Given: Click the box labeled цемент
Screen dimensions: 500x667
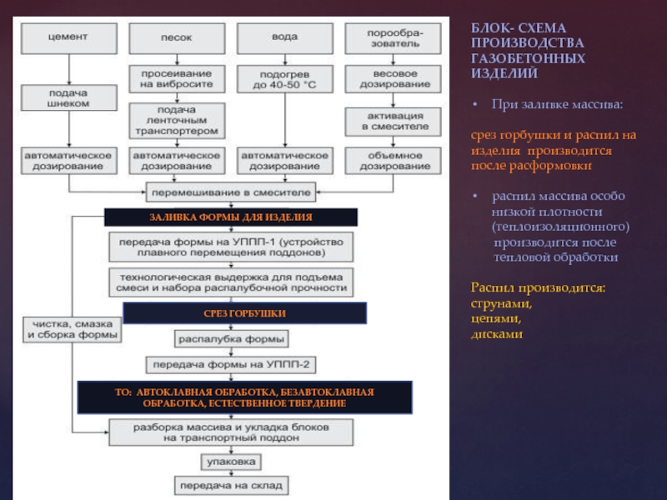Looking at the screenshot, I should coord(68,37).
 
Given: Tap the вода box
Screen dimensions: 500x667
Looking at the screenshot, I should coord(284,37).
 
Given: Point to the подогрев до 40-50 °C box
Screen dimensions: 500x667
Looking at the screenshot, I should coord(284,78).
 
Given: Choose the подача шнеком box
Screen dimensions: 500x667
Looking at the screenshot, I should coord(68,97).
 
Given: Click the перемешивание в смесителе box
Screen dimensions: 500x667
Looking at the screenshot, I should coord(230,192).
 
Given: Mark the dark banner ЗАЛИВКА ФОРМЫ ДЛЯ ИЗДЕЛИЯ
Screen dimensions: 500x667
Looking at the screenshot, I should coord(230,217).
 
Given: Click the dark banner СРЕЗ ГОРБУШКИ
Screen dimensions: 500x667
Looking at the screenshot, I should coord(244,313).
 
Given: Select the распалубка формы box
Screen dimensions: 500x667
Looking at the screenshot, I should coord(232,339).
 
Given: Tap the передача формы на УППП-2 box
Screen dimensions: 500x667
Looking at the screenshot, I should coord(231,365).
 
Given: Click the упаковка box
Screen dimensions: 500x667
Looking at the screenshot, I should coord(232,460).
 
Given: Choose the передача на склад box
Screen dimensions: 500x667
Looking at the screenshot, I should coord(232,484).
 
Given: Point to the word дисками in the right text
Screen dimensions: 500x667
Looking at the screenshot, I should coord(497,333).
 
